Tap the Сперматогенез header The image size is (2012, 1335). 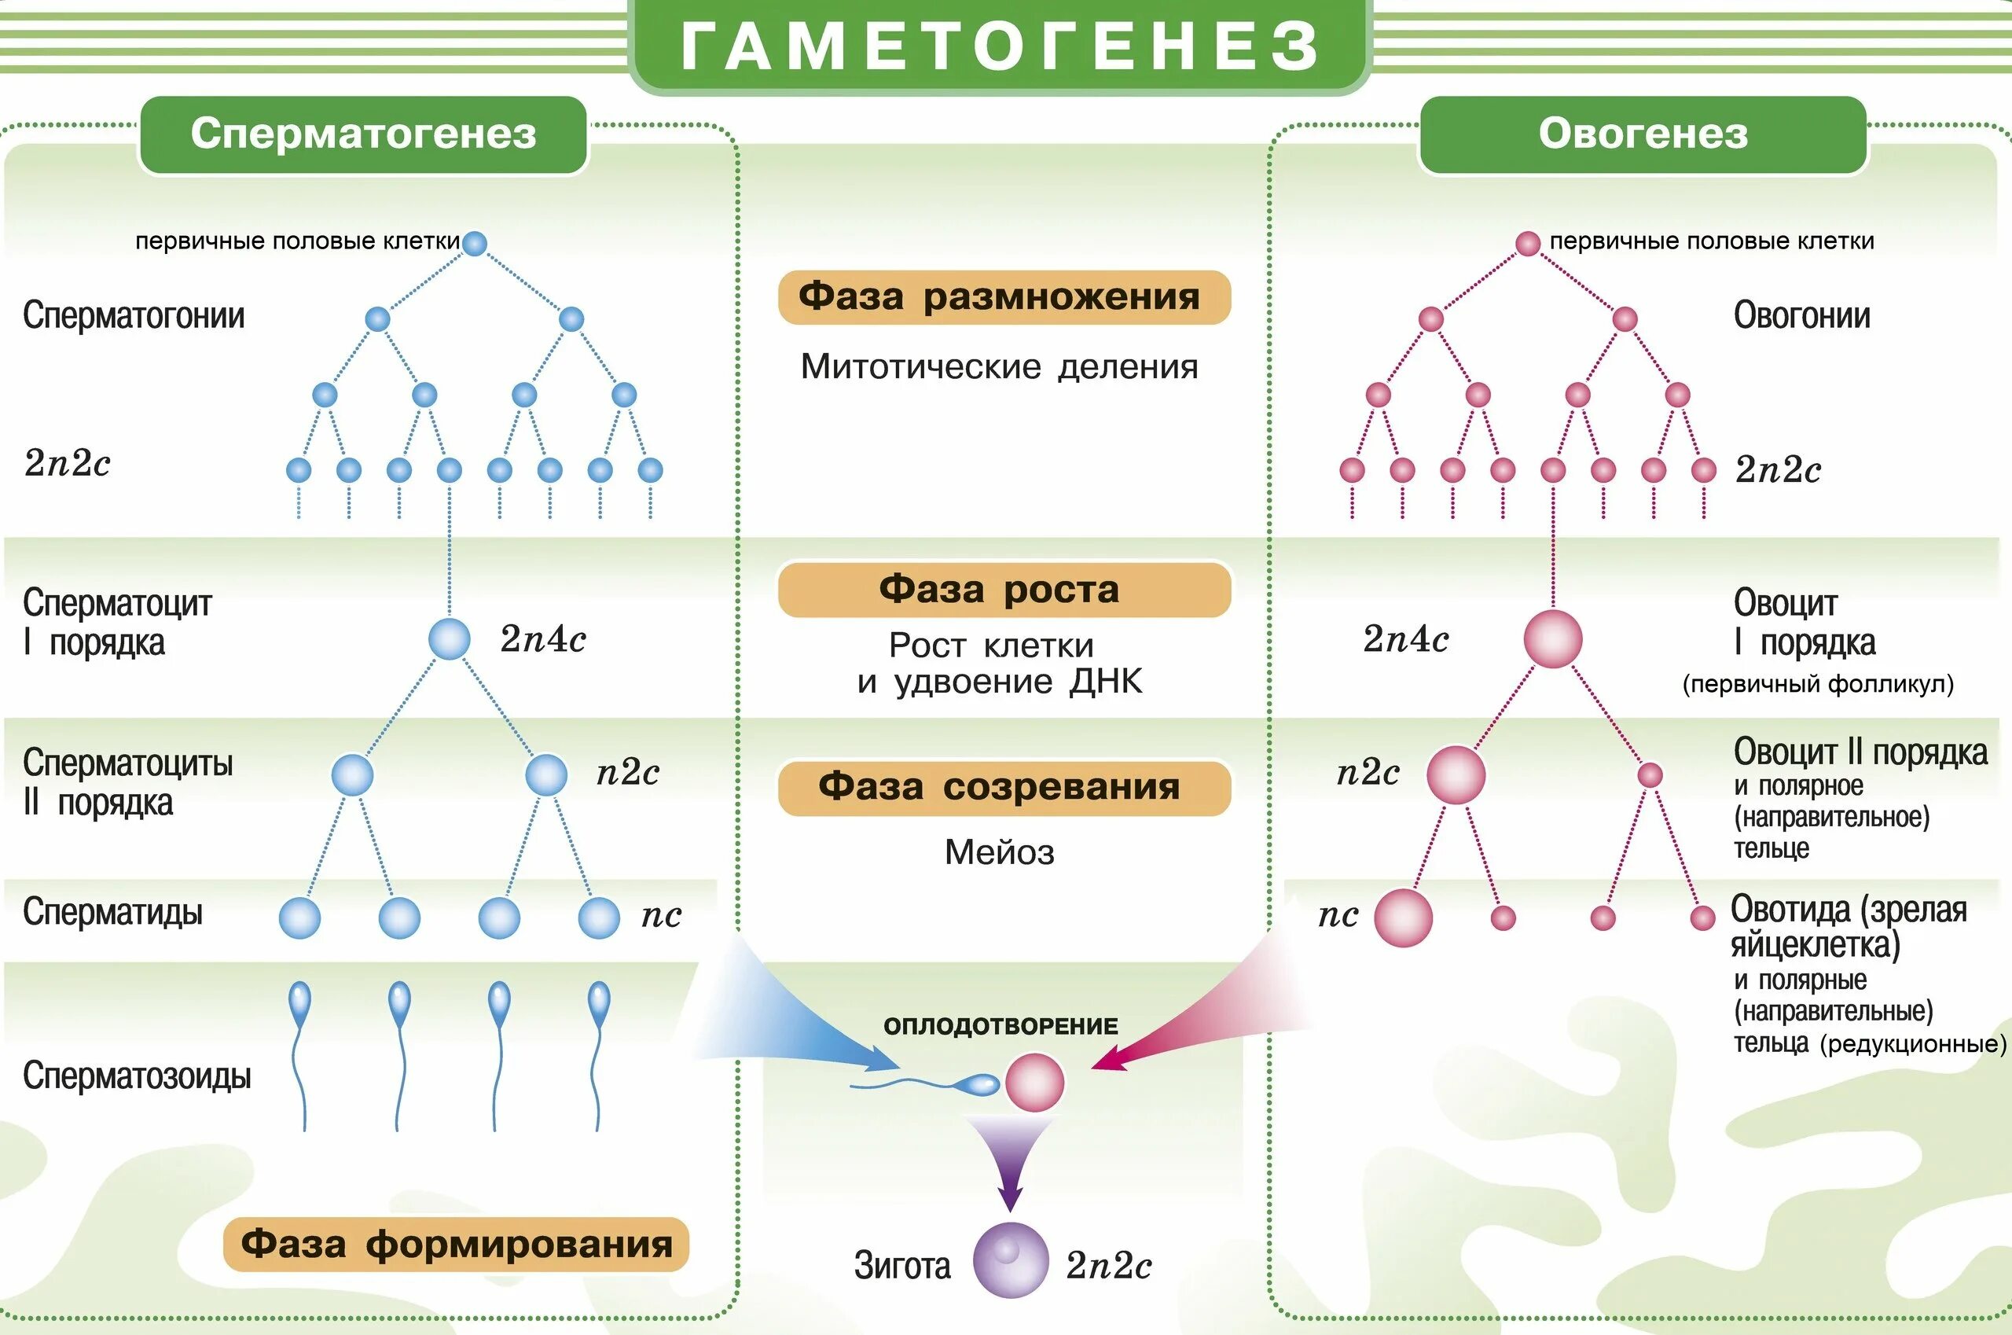pyautogui.click(x=363, y=134)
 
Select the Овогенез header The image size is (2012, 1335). pyautogui.click(x=1643, y=134)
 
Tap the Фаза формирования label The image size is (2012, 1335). pyautogui.click(x=456, y=1244)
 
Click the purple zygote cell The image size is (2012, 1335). pyautogui.click(x=1010, y=1260)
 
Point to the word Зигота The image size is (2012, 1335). pyautogui.click(x=902, y=1266)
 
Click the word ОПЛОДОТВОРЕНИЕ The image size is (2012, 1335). pyautogui.click(x=1001, y=1026)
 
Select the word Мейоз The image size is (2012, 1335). pyautogui.click(x=999, y=852)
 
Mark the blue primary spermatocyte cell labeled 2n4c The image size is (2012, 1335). pyautogui.click(x=449, y=638)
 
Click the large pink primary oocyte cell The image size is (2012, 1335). pyautogui.click(x=1552, y=638)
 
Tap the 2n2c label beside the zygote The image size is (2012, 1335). pyautogui.click(x=1108, y=1266)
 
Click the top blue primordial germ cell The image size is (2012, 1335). pyautogui.click(x=474, y=244)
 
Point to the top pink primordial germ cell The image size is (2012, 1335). pyautogui.click(x=1528, y=244)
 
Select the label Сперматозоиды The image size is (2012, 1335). pyautogui.click(x=137, y=1076)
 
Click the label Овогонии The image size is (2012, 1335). pyautogui.click(x=1802, y=316)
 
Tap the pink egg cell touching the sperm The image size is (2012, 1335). pyautogui.click(x=1034, y=1083)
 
